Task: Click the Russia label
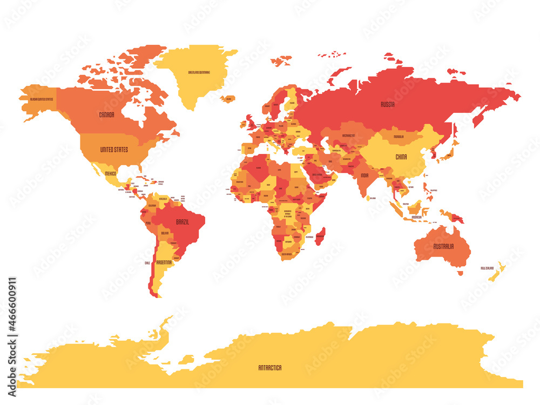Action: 387,104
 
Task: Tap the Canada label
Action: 106,114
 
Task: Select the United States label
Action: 114,149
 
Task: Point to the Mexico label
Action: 110,173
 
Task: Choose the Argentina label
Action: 164,262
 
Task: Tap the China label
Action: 401,157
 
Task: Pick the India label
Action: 365,175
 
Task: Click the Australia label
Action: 443,246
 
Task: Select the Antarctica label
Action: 269,368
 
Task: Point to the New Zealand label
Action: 488,268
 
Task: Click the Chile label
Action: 147,263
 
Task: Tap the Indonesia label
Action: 416,217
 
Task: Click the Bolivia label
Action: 165,233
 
